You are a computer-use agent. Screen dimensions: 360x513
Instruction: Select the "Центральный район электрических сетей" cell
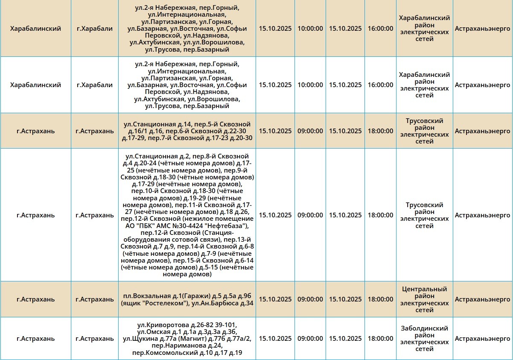424,299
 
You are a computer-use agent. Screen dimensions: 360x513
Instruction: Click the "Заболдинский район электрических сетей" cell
424,339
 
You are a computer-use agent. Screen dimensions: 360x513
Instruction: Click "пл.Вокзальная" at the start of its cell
143,296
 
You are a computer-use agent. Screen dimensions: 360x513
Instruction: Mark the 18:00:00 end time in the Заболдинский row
380,339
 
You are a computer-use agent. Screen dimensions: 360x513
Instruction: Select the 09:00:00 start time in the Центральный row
310,299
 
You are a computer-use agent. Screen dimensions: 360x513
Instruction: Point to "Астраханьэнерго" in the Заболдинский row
482,339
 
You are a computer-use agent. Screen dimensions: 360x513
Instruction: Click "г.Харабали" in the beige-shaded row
95,29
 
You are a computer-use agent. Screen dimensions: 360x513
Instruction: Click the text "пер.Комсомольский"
165,353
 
